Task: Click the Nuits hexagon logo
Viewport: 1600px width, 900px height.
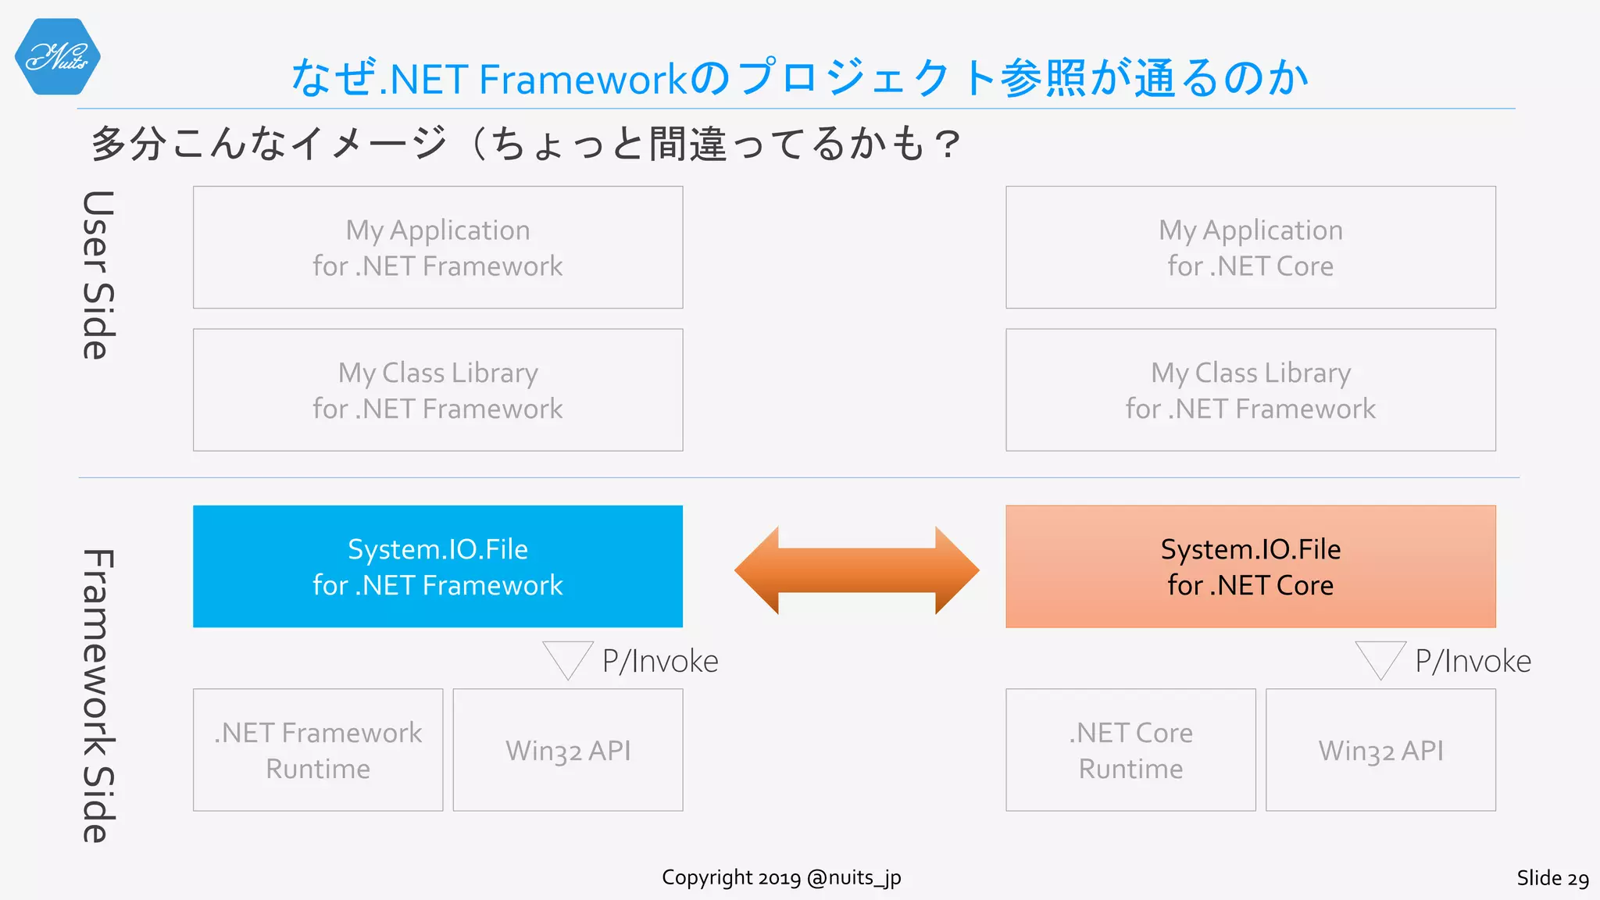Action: [x=57, y=57]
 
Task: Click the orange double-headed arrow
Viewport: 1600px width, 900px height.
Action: [x=856, y=570]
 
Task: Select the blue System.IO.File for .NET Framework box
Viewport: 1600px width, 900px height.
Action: [x=437, y=566]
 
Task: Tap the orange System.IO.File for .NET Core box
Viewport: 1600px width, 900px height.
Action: [x=1250, y=566]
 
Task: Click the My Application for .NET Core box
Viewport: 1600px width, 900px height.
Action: [x=1250, y=247]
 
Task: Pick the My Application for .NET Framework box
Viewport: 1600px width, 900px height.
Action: [x=437, y=247]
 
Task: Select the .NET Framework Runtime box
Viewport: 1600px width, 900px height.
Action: [x=318, y=750]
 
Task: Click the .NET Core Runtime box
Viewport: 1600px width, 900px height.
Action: [x=1130, y=750]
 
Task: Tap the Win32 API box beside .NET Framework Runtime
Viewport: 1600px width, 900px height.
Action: [x=568, y=750]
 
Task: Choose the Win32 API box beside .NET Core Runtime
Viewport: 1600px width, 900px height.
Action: [x=1380, y=750]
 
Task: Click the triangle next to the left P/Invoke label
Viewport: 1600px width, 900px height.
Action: [x=568, y=658]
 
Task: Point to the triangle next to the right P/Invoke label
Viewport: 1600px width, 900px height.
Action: [x=1380, y=658]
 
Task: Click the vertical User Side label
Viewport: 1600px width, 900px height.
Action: [x=98, y=275]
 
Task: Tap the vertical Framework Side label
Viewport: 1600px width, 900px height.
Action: [x=98, y=695]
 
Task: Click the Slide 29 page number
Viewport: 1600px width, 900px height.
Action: [x=1552, y=878]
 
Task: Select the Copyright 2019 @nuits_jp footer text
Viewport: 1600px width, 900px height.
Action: [x=781, y=877]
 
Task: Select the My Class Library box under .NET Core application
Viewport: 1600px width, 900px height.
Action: [x=1250, y=390]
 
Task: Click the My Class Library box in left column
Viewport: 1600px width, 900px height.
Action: [x=437, y=390]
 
